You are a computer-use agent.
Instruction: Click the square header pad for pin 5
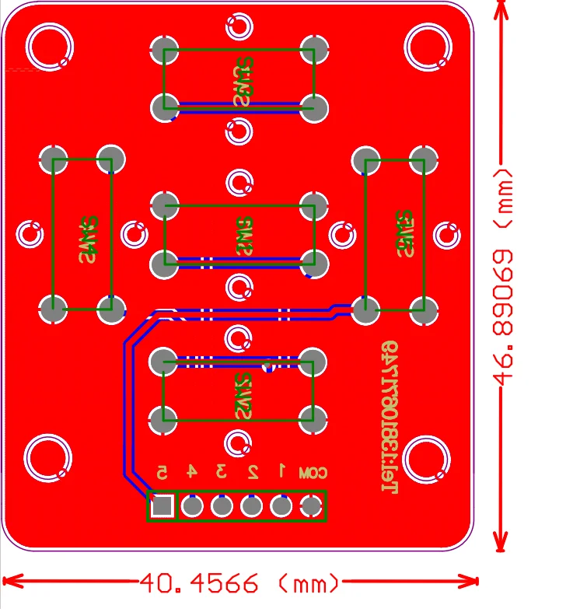point(162,506)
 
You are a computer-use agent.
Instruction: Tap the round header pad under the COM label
point(311,506)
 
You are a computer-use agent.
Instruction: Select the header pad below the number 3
point(222,506)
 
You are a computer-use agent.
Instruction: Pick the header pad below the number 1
point(281,506)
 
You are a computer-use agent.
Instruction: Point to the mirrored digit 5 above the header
point(162,472)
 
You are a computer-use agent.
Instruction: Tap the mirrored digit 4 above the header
point(191,471)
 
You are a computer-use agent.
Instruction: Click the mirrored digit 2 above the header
point(253,471)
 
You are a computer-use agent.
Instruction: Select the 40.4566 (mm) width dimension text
point(240,582)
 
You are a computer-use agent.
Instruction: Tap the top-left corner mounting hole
point(50,46)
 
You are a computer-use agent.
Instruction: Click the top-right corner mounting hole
point(428,46)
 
